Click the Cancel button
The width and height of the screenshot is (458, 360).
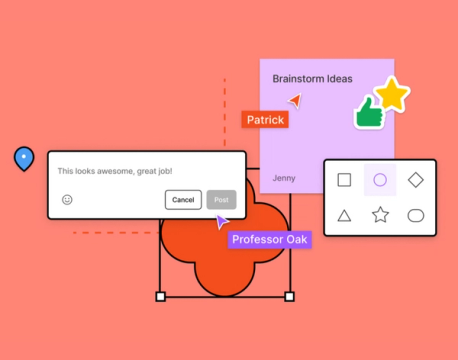pyautogui.click(x=183, y=200)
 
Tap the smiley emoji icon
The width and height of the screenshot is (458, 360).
pyautogui.click(x=67, y=200)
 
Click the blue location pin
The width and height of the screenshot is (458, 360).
pyautogui.click(x=23, y=158)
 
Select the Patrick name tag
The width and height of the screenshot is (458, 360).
pyautogui.click(x=265, y=120)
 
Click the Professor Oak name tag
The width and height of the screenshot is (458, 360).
pyautogui.click(x=269, y=240)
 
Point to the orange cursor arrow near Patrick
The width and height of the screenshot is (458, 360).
pyautogui.click(x=294, y=101)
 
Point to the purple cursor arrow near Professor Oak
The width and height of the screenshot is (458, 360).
pyautogui.click(x=222, y=222)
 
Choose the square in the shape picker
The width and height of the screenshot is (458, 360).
pyautogui.click(x=344, y=180)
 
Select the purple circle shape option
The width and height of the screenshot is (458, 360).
pyautogui.click(x=380, y=180)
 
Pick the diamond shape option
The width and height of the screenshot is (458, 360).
pyautogui.click(x=416, y=180)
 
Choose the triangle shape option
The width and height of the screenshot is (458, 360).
pyautogui.click(x=344, y=215)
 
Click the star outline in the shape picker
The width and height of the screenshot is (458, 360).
pyautogui.click(x=380, y=215)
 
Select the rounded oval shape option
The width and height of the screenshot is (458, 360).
pyautogui.click(x=416, y=215)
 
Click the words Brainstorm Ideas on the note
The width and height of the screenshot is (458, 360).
pyautogui.click(x=312, y=78)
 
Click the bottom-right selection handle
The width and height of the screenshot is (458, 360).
pyautogui.click(x=290, y=297)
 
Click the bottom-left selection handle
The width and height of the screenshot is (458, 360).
pyautogui.click(x=160, y=297)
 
